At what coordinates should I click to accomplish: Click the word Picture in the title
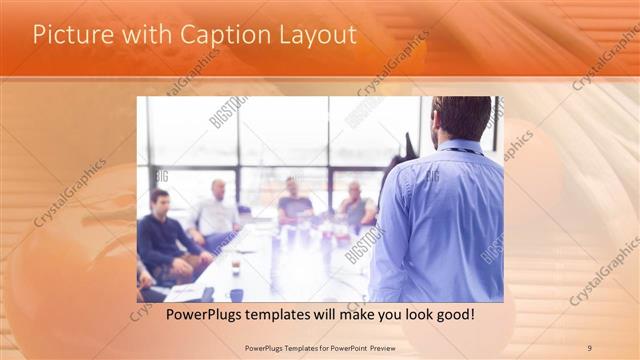click(65, 35)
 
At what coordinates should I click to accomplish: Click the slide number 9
click(589, 347)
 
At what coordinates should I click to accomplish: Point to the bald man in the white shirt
click(216, 212)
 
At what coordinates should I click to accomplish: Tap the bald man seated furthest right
click(355, 205)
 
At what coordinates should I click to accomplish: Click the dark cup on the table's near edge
click(236, 294)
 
